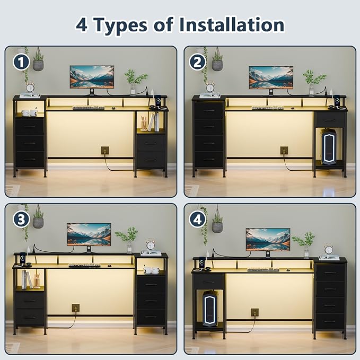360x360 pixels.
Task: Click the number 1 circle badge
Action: [21, 62]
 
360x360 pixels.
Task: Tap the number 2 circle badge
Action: [197, 62]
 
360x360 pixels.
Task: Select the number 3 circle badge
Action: [21, 219]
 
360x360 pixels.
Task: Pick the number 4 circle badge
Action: [197, 219]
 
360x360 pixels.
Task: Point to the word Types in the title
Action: [121, 25]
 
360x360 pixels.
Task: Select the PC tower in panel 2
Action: [329, 146]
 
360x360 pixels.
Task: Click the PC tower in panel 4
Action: [210, 308]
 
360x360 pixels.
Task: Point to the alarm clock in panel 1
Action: [30, 87]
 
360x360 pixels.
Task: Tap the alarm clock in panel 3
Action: [151, 245]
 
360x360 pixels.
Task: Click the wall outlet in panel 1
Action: [105, 151]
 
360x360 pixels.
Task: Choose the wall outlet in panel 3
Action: [76, 308]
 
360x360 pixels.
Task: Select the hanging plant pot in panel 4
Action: [217, 227]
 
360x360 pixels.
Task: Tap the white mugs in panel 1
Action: [30, 112]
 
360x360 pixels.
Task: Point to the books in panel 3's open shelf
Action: [27, 279]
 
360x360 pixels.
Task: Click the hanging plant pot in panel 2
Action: [217, 65]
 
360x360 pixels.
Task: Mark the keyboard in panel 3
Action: [84, 266]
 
